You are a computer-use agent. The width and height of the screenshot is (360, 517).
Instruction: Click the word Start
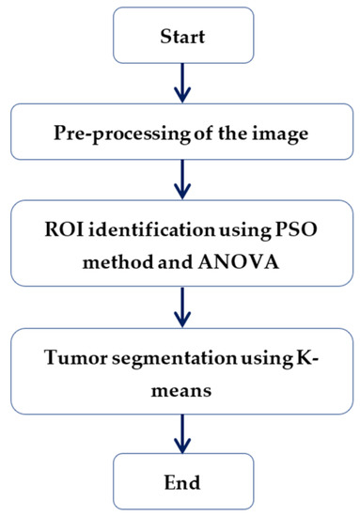[x=182, y=37]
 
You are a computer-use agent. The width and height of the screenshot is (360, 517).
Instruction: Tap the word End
[x=182, y=482]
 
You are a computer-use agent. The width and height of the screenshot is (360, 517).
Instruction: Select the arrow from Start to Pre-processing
[x=182, y=83]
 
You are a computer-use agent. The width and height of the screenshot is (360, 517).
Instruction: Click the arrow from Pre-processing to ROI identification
[x=182, y=180]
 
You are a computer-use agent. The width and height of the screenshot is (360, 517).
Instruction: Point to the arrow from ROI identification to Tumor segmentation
[x=182, y=307]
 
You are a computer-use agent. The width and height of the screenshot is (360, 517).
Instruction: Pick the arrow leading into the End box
[x=182, y=433]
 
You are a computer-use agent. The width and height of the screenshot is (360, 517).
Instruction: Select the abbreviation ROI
[x=63, y=229]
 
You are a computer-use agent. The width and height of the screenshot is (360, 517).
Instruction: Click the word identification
[x=152, y=229]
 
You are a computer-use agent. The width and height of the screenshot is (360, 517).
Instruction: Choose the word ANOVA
[x=239, y=262]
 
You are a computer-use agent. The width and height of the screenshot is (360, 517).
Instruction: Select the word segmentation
[x=174, y=358]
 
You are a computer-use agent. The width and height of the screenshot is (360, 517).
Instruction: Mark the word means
[x=181, y=391]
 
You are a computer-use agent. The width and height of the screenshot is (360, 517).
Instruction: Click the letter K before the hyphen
[x=303, y=357]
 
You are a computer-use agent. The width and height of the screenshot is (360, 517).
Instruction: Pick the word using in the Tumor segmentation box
[x=266, y=358]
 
